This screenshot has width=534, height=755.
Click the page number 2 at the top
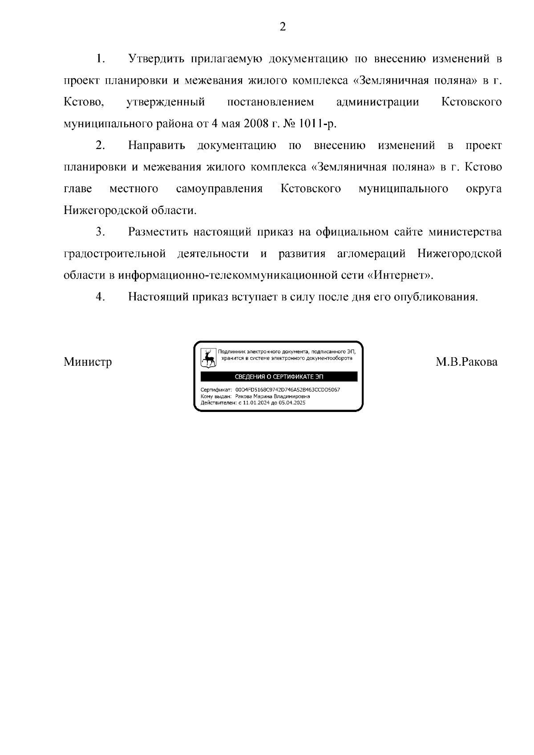point(282,27)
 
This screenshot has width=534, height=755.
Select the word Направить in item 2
point(157,145)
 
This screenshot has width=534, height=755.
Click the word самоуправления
point(219,189)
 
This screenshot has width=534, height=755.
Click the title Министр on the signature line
point(88,362)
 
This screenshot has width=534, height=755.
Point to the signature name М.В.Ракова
point(466,362)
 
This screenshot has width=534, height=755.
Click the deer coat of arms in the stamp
point(208,358)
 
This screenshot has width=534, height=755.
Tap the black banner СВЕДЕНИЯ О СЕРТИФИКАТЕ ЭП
point(279,377)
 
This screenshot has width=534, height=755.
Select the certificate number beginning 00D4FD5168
point(287,390)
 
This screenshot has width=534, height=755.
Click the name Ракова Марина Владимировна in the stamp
point(272,396)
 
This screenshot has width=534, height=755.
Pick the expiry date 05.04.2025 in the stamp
point(292,402)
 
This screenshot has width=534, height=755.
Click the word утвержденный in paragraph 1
point(166,102)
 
